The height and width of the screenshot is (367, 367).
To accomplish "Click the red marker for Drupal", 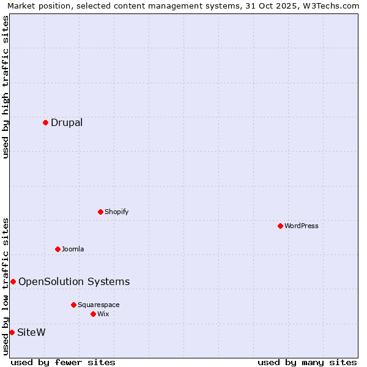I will [x=45, y=122].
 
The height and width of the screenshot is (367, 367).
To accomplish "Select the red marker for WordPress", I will [x=280, y=226].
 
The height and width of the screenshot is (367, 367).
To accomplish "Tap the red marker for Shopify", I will [x=100, y=212].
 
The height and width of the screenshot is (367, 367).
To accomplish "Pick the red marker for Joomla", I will [x=57, y=249].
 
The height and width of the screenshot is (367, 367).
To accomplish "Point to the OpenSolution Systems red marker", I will [x=13, y=281].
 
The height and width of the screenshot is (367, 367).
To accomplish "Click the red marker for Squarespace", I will [x=73, y=305].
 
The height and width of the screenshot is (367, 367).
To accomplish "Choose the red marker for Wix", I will [x=93, y=314].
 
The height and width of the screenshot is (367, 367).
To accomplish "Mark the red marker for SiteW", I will [x=12, y=332].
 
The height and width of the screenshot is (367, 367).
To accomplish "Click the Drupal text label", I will [x=67, y=122].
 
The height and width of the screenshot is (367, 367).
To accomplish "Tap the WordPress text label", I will [x=302, y=226].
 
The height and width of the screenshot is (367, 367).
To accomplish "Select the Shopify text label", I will [x=117, y=212].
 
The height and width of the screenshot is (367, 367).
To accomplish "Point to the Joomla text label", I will [x=73, y=249].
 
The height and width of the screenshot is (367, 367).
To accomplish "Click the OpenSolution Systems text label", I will [x=74, y=281].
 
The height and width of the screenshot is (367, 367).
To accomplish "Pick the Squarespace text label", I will [x=98, y=305].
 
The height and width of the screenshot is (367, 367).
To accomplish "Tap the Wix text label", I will [x=103, y=314].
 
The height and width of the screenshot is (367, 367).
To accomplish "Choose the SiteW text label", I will [x=31, y=332].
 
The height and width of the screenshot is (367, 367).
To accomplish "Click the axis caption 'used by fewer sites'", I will [x=63, y=362].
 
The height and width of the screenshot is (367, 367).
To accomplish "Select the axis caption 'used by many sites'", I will [x=307, y=362].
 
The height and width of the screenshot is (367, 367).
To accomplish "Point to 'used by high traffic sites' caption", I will [x=6, y=87].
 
